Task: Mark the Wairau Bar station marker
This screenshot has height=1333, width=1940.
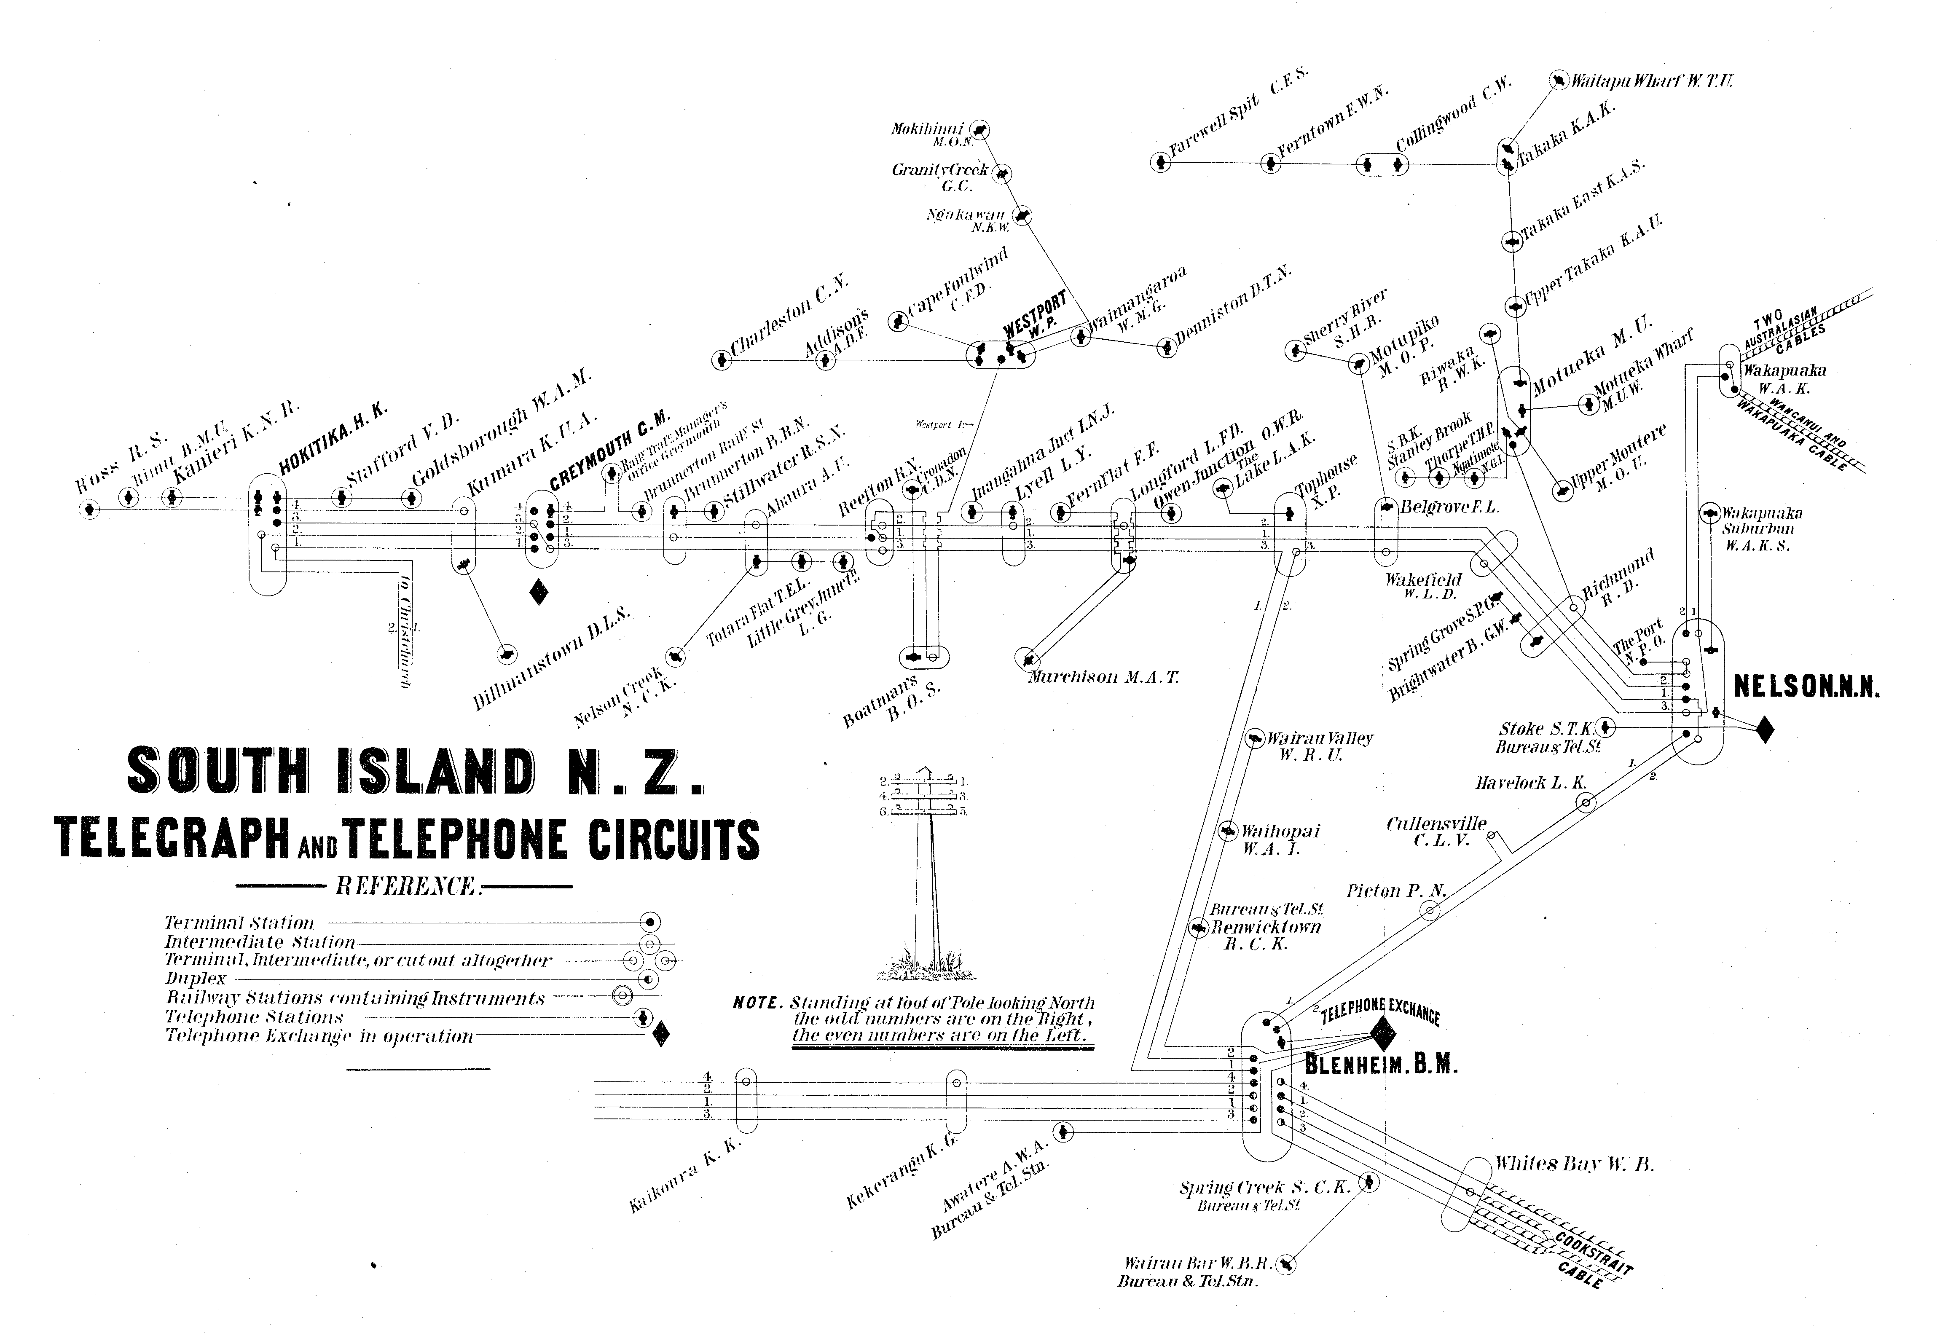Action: point(1286,1264)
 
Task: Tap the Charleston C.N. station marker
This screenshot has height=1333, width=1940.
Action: point(720,361)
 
